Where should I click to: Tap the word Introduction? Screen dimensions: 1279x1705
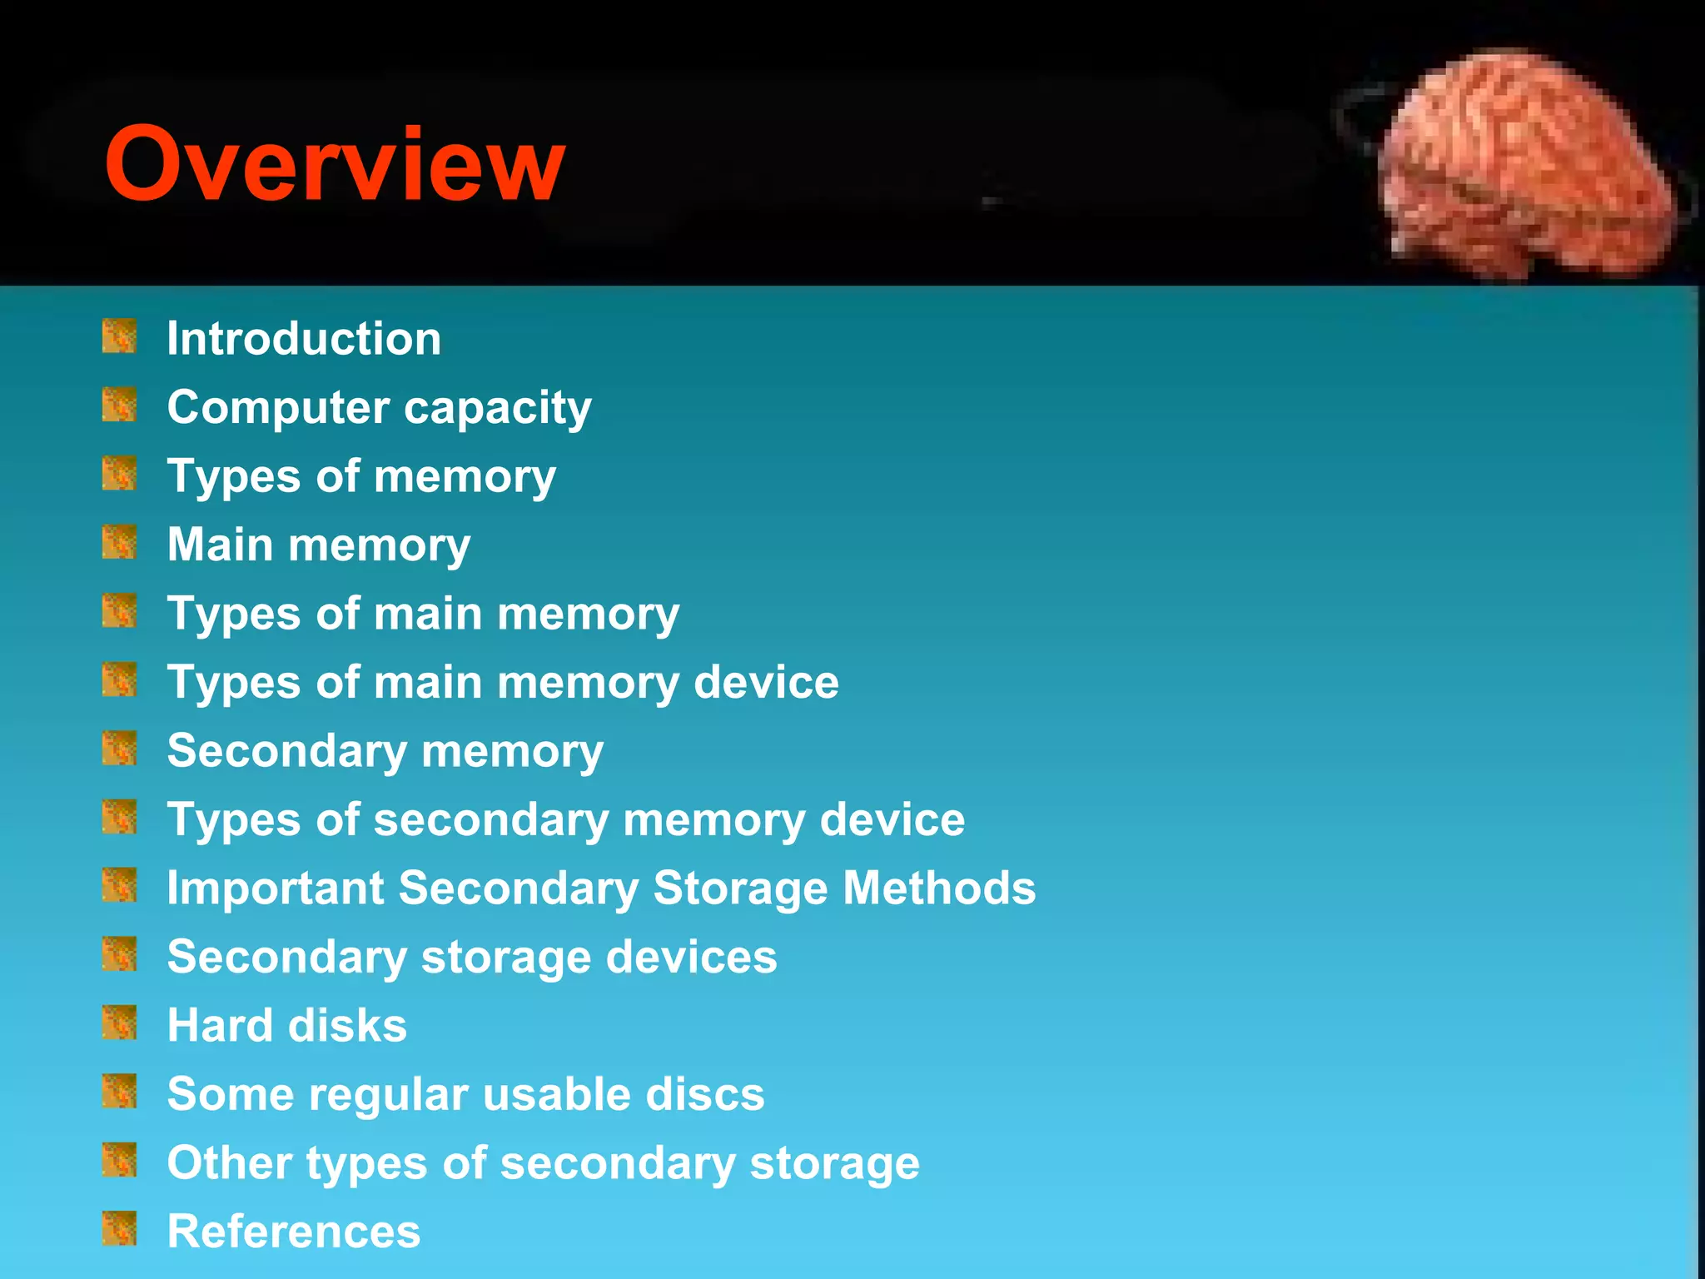(304, 339)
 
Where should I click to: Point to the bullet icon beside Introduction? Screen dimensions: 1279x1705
(119, 336)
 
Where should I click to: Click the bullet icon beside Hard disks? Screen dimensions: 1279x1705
(119, 1023)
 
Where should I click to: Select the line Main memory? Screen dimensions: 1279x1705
(319, 545)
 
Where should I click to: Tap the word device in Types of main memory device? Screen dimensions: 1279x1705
(766, 683)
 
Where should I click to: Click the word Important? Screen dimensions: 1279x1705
(276, 888)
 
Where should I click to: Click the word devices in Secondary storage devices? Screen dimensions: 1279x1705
(691, 957)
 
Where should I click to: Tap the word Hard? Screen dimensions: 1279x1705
(220, 1025)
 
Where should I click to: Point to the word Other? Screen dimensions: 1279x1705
(229, 1162)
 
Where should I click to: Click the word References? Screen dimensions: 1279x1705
(294, 1232)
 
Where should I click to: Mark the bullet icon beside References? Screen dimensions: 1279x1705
(119, 1228)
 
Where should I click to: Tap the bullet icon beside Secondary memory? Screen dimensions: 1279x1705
(119, 748)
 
